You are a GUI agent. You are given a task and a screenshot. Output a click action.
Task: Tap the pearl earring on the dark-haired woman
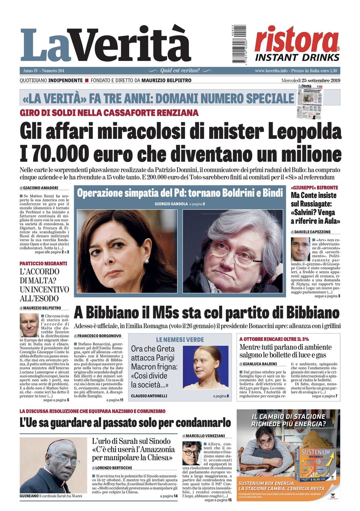click(147, 262)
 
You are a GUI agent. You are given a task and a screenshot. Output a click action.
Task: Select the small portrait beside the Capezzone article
click(300, 249)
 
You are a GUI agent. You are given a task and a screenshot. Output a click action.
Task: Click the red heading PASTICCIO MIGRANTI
click(43, 263)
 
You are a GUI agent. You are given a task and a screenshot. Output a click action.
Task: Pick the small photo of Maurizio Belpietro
click(29, 325)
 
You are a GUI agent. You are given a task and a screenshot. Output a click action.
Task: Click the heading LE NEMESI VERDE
click(180, 340)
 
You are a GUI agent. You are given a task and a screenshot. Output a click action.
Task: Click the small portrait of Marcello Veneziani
click(192, 453)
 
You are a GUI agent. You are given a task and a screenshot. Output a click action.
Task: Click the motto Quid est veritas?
click(180, 71)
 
